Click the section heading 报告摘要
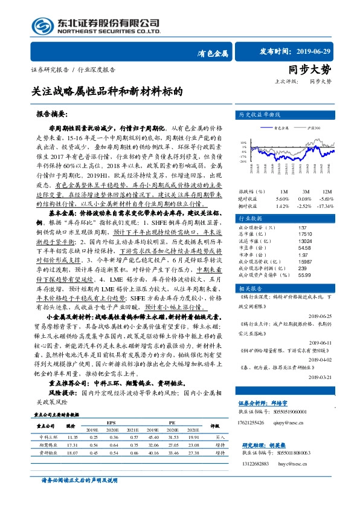click(51, 114)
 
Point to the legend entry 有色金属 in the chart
click(281, 128)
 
